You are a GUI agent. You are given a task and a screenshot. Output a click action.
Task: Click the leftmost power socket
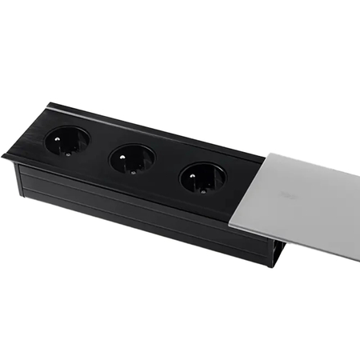pos(66,142)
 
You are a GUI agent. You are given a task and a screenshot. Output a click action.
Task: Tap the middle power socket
pos(131,160)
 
